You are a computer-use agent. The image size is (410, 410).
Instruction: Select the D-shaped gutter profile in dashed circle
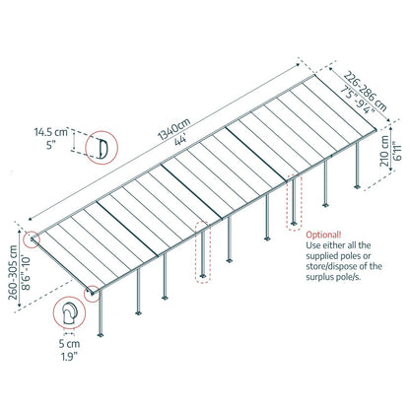pos(100,148)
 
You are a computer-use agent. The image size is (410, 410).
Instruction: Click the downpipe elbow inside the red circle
pos(70,316)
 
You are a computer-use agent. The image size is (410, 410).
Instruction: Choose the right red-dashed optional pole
pos(292,207)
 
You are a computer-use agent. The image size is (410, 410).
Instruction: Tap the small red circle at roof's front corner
pos(91,292)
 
